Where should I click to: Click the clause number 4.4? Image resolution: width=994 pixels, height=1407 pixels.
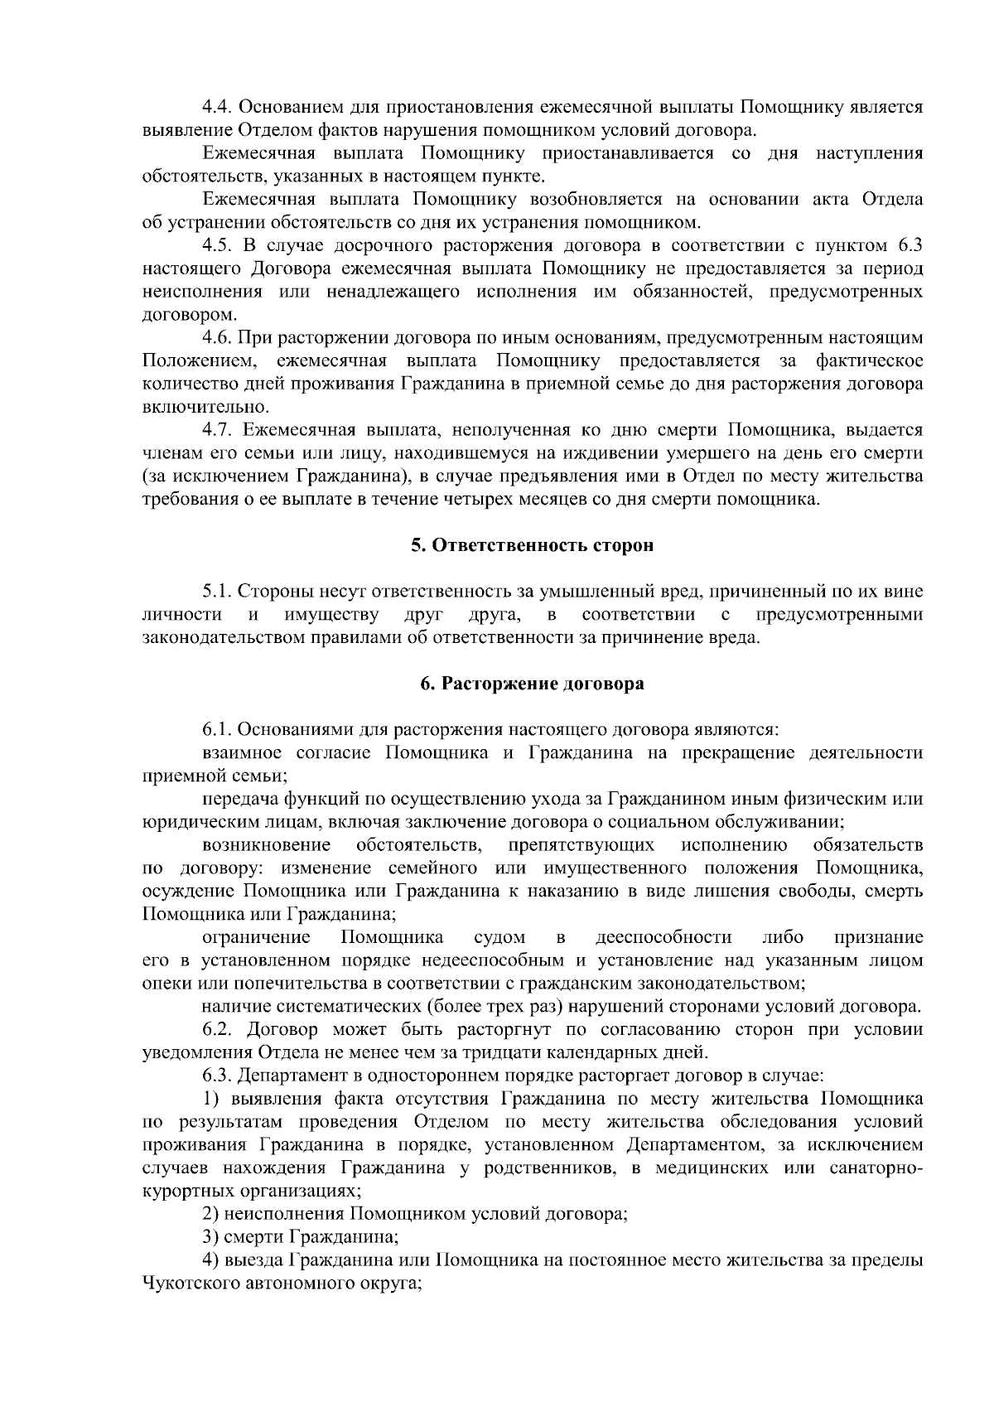click(219, 108)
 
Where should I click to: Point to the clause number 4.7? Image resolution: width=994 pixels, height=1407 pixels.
click(219, 430)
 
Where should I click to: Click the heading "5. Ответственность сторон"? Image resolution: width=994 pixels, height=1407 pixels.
click(532, 545)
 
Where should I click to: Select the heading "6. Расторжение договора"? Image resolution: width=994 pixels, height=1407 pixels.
click(532, 684)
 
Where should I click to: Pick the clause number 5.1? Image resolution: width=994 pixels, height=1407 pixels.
click(219, 592)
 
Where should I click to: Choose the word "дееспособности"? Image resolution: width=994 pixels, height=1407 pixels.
click(663, 938)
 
